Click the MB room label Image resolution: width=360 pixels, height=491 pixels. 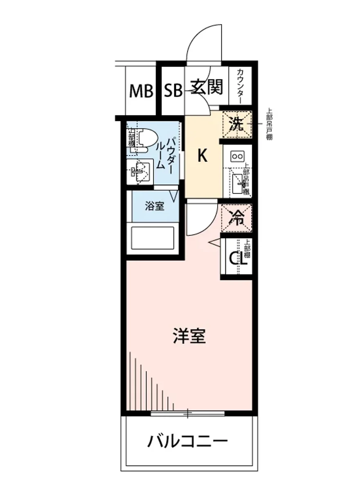coord(141,91)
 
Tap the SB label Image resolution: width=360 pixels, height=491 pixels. coord(173,91)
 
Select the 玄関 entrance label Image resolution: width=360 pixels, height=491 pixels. coord(207,87)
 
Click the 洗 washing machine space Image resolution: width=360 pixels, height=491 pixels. coord(236,124)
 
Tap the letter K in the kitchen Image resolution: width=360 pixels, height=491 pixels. coord(202,155)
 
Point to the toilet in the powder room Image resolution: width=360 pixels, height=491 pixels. coord(145,140)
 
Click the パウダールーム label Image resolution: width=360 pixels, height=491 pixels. coord(166,153)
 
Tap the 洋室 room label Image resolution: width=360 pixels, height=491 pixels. coord(189,336)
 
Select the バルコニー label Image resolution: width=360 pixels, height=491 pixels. coord(188,442)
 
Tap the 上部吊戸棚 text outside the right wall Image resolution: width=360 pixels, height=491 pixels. coord(269,124)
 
